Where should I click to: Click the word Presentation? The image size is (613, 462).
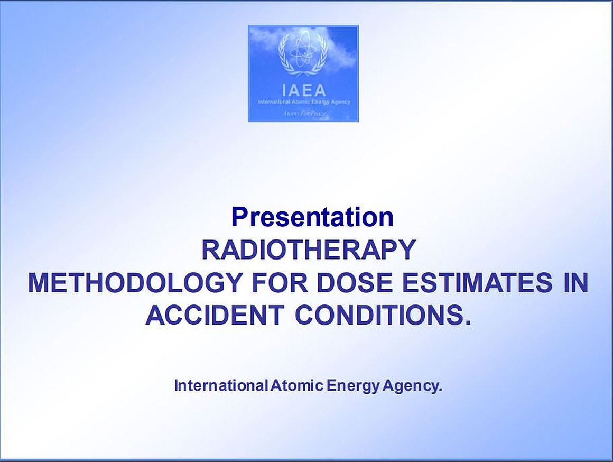312,217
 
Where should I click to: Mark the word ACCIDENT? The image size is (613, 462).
215,315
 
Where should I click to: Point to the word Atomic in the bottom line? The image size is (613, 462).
297,386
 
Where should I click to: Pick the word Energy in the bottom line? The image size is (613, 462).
354,386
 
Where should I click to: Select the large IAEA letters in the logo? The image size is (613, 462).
304,90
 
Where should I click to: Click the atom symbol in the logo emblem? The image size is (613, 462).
302,52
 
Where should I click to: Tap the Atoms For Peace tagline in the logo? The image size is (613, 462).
304,114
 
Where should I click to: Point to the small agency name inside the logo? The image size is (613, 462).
304,103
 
